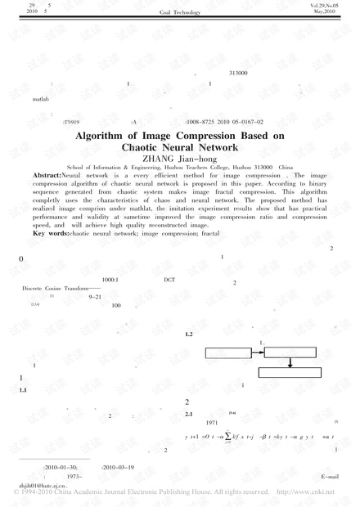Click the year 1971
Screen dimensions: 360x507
tap(211, 423)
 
